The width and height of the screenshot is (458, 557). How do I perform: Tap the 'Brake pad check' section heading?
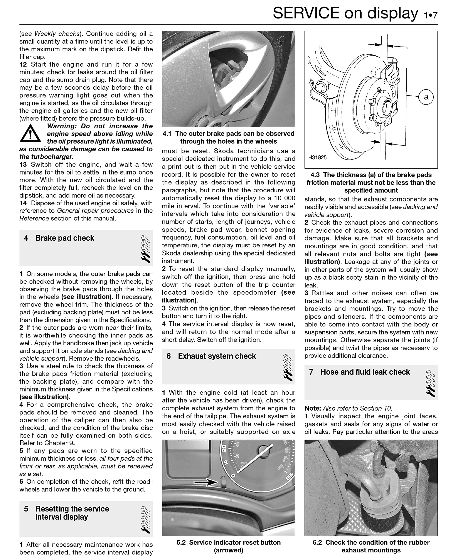65,238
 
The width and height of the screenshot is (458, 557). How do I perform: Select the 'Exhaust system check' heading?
217,356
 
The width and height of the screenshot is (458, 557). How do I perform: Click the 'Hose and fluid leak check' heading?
365,372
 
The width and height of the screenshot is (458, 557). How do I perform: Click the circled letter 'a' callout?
426,97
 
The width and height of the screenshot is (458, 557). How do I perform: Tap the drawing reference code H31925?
317,158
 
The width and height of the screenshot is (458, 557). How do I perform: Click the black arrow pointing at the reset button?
205,482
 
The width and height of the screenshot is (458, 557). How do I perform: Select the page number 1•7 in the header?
431,15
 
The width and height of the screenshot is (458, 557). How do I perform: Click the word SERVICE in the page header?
306,13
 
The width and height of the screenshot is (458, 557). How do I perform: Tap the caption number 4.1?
167,134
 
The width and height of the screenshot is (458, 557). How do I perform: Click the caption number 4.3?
315,175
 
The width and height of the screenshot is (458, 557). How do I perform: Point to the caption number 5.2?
181,542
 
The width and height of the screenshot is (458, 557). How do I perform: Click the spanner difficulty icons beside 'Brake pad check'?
145,249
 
